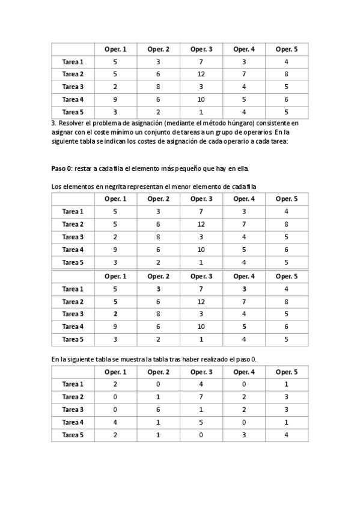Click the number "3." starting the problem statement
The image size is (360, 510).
(54, 123)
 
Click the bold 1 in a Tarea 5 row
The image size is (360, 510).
(201, 339)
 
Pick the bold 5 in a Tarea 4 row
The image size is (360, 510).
(244, 327)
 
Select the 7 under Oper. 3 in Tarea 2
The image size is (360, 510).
(201, 397)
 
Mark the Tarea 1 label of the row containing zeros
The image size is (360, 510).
(73, 384)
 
